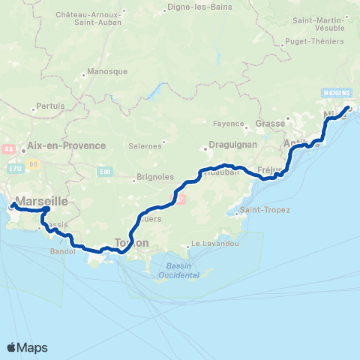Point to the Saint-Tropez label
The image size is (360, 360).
[x=266, y=210]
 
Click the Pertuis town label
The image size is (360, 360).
[x=50, y=106]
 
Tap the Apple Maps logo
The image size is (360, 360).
[x=27, y=347]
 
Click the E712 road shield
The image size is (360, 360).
[x=15, y=169]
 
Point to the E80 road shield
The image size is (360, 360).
[x=106, y=172]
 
